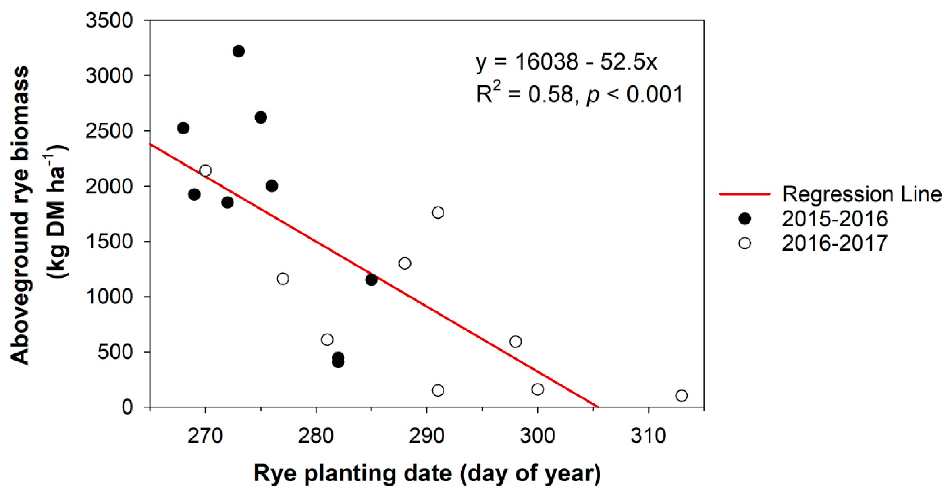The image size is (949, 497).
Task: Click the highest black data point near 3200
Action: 239,51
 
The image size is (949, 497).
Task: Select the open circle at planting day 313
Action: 682,396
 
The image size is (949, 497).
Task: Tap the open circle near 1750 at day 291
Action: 438,213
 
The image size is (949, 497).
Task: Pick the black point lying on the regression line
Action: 371,280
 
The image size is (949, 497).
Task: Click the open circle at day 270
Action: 205,171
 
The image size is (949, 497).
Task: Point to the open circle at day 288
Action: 404,263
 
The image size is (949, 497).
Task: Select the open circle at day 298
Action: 515,341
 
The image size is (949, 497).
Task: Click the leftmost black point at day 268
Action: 183,128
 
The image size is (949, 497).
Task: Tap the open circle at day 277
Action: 283,278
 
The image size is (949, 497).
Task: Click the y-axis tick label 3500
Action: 109,21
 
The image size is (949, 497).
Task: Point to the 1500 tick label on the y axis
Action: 109,241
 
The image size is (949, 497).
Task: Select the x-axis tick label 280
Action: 316,436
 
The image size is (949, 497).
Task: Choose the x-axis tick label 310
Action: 648,436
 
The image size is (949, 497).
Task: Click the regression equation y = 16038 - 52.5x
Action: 566,62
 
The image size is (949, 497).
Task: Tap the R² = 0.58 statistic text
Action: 526,94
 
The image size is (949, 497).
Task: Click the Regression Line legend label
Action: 862,194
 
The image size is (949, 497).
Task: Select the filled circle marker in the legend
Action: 744,219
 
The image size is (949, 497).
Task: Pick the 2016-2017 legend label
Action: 835,243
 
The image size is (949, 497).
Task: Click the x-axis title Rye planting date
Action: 427,474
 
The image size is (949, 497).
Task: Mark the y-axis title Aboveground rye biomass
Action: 19,215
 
